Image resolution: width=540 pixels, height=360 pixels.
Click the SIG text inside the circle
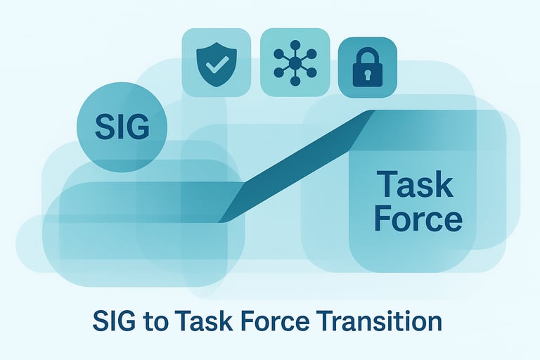tap(122, 127)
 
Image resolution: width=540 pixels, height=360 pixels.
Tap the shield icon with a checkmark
tap(217, 65)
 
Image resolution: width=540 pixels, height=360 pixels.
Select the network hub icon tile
tap(295, 63)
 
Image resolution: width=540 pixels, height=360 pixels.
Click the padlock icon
tap(368, 67)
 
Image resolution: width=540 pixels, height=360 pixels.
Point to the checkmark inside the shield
tap(217, 65)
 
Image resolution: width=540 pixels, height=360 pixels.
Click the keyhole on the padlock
tap(368, 75)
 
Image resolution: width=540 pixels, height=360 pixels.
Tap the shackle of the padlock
tap(368, 56)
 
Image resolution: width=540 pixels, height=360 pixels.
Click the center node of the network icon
tap(295, 63)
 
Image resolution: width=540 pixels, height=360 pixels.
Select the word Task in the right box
tap(415, 184)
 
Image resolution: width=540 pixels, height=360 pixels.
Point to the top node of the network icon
tap(295, 44)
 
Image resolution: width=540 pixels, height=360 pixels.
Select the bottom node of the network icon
tap(295, 82)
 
